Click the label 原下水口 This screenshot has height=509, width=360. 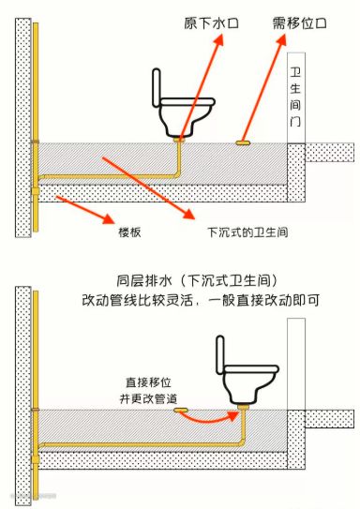click(x=211, y=23)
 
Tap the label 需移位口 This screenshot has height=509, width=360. click(x=299, y=23)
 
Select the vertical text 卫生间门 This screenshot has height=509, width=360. click(x=295, y=97)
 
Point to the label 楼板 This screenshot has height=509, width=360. click(x=130, y=232)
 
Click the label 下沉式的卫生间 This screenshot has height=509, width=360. click(x=247, y=232)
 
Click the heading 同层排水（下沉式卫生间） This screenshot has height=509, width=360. click(x=197, y=281)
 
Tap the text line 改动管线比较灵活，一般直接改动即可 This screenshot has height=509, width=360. click(x=201, y=300)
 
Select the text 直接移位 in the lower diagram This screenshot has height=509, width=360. click(x=148, y=382)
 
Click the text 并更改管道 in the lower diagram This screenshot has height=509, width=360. click(x=148, y=398)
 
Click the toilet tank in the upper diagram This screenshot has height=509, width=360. click(x=157, y=88)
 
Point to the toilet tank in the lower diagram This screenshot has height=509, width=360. click(x=220, y=355)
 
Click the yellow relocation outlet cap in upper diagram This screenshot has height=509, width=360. click(x=243, y=142)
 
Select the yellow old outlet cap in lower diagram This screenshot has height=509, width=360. click(x=181, y=411)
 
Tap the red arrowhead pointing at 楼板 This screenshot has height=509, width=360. click(x=109, y=217)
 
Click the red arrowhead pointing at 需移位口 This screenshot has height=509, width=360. click(x=280, y=39)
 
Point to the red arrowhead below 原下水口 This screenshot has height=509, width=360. click(x=218, y=39)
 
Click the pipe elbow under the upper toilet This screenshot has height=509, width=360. click(x=177, y=174)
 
